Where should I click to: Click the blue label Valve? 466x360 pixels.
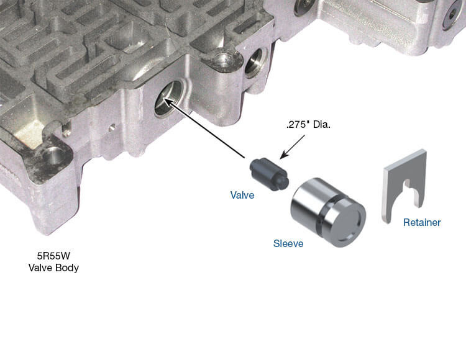point(242,195)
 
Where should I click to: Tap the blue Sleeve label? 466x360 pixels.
point(288,243)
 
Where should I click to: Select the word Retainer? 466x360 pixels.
point(422,222)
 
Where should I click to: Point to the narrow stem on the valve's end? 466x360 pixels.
point(283,182)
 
